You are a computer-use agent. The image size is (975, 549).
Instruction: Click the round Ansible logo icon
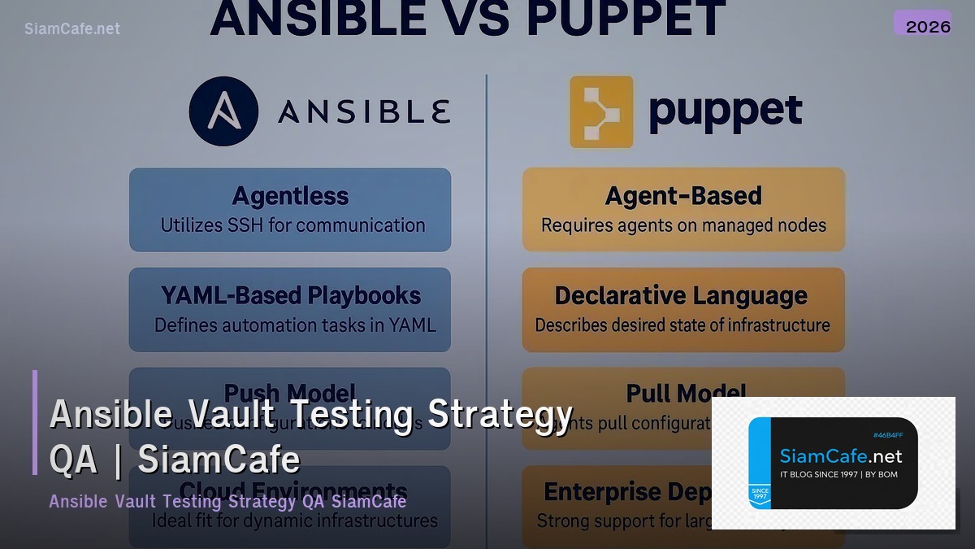pos(223,111)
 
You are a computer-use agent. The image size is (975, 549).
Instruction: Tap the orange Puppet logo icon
pos(601,111)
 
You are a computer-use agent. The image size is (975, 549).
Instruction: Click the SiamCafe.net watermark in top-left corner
pos(72,28)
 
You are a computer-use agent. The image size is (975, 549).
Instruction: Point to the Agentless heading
pos(290,196)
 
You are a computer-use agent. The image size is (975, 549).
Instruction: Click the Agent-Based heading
pos(683,196)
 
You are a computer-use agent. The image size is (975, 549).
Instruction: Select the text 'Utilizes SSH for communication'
pos(292,225)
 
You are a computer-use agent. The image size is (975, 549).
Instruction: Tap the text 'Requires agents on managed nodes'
pos(683,225)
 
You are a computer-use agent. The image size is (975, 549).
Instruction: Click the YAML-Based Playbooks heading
pos(291,295)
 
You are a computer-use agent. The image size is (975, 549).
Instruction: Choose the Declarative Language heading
pos(681,295)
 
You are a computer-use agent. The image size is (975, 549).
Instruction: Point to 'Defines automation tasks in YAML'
pos(295,325)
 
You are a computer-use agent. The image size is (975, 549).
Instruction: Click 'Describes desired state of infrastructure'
pos(682,325)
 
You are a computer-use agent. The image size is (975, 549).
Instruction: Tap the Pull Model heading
pos(686,394)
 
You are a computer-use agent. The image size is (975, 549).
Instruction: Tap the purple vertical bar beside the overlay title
pos(35,422)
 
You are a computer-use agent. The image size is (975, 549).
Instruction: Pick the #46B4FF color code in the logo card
pos(888,435)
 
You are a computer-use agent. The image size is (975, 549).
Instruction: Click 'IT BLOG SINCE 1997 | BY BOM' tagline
pos(838,474)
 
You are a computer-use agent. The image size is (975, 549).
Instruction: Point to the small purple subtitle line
pos(227,501)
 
